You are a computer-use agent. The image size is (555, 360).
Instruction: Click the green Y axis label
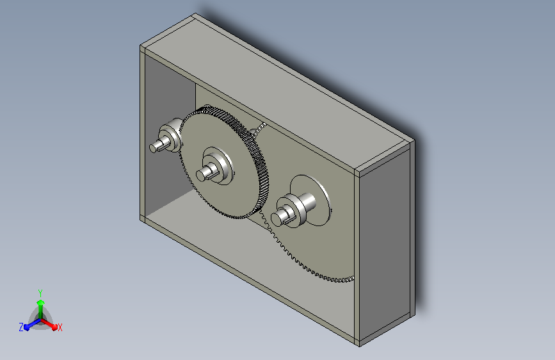click(40, 293)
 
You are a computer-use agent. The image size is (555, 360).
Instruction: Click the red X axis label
click(60, 327)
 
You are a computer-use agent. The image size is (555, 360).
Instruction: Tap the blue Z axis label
click(21, 327)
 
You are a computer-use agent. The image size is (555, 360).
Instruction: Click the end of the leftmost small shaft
click(152, 148)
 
